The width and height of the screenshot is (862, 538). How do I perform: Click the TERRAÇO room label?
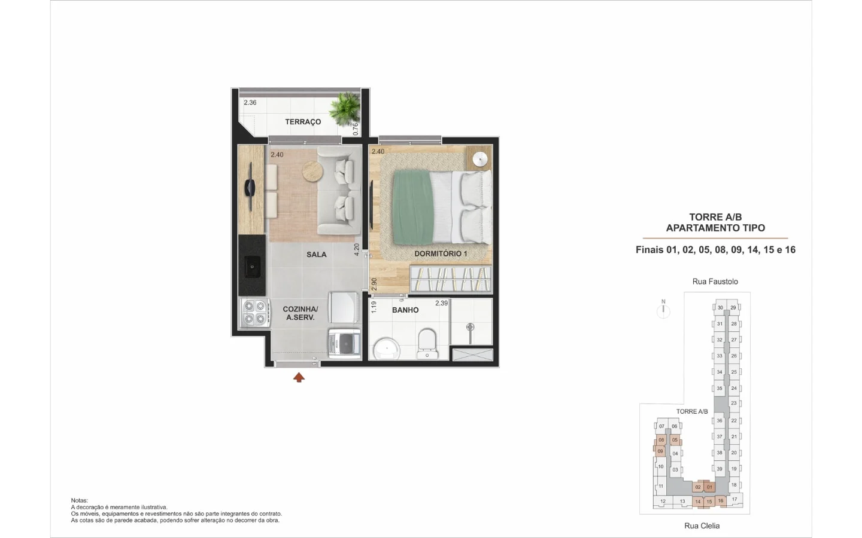point(303,122)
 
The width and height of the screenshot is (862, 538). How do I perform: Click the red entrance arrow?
point(299,377)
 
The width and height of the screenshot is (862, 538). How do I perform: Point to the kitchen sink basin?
point(253,266)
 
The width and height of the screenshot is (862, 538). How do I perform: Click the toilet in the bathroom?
point(427,343)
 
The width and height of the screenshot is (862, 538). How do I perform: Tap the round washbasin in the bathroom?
point(386,349)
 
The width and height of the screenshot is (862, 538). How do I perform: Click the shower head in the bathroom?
point(470,328)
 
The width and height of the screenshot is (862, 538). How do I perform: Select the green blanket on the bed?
point(412,207)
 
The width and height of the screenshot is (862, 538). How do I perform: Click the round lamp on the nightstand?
point(480,159)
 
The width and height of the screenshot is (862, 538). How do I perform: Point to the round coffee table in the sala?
point(312,171)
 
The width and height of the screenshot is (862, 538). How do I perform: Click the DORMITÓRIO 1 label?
point(441,253)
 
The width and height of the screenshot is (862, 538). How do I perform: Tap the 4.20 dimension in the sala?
point(356,249)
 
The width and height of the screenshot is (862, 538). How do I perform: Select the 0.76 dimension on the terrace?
point(356,129)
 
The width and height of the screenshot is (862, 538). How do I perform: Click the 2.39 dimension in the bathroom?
point(441,303)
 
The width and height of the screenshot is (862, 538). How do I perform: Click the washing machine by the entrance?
point(344,344)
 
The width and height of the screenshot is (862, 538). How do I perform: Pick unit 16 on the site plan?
point(720,501)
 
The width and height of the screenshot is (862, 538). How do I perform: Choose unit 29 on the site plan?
point(733,307)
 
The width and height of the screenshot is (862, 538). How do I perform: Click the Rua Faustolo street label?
point(715,282)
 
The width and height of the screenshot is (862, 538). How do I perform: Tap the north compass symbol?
point(663,310)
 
